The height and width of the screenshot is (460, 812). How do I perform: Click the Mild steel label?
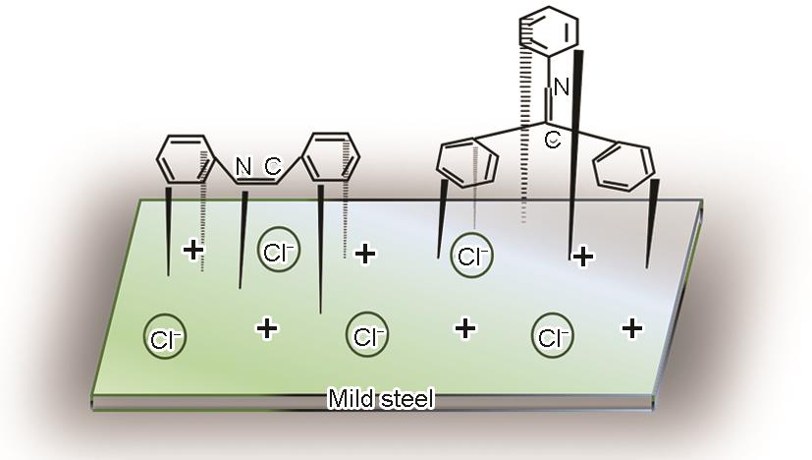click(x=380, y=399)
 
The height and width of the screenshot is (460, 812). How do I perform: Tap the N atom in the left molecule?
click(x=244, y=165)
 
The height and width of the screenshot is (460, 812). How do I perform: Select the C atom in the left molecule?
click(x=272, y=165)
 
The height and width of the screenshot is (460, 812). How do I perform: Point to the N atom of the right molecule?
click(x=561, y=87)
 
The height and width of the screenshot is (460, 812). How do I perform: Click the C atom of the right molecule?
click(x=553, y=142)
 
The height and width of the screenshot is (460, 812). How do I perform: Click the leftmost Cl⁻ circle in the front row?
click(x=163, y=337)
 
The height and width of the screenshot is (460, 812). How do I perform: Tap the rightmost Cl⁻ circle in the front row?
click(x=552, y=336)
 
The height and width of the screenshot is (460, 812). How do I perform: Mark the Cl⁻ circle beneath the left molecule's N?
click(x=277, y=252)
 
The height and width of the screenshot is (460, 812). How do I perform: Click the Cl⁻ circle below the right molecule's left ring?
click(x=472, y=256)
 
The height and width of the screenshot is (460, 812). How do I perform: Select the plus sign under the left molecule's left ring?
click(x=194, y=251)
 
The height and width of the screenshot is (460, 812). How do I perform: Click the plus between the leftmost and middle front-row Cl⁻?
click(x=266, y=327)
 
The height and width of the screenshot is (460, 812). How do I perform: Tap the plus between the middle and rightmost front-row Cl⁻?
click(x=465, y=326)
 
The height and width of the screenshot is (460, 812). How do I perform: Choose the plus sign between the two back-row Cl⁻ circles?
click(x=366, y=255)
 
